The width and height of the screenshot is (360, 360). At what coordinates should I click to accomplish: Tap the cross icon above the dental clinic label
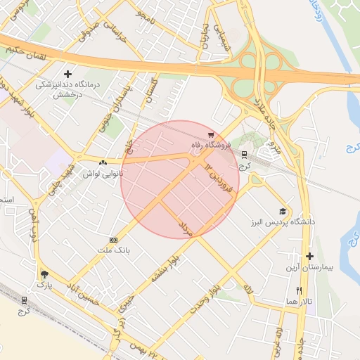[x=67, y=74]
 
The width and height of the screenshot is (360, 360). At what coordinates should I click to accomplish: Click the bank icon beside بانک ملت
[x=114, y=240]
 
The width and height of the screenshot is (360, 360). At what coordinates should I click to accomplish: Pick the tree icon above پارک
[x=46, y=274]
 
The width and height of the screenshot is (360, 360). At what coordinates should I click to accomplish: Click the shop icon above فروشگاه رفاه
[x=210, y=135]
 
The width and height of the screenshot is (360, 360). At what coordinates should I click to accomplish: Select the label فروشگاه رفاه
[x=209, y=146]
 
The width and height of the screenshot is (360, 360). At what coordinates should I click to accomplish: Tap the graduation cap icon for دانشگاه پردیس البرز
[x=283, y=212]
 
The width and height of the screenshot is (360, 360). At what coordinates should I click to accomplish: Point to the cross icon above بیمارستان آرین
[x=309, y=256]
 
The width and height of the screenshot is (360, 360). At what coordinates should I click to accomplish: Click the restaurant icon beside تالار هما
[x=299, y=290]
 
